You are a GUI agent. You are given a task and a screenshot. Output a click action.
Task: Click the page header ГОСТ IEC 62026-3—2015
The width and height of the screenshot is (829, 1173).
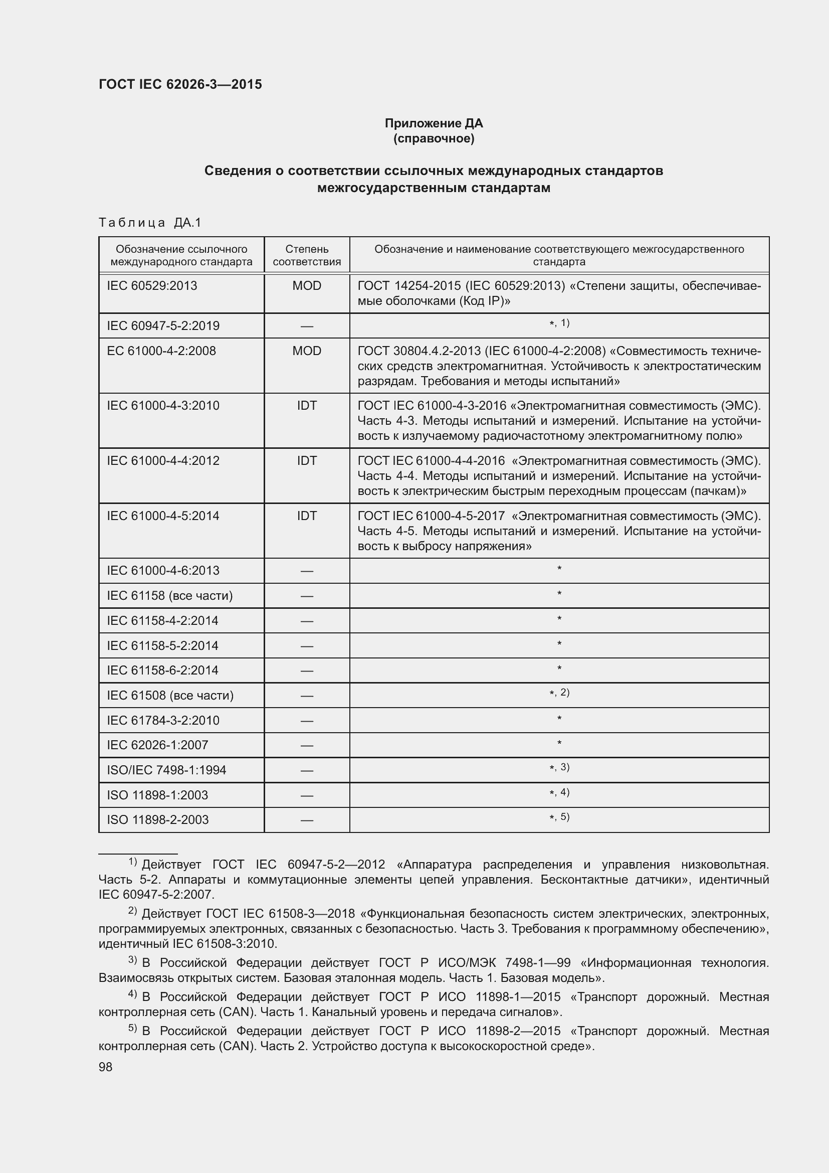(x=180, y=84)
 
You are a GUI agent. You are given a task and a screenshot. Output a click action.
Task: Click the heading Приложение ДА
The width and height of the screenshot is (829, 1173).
(x=434, y=123)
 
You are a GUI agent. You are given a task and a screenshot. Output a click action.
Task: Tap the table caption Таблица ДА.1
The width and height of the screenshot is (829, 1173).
(x=150, y=222)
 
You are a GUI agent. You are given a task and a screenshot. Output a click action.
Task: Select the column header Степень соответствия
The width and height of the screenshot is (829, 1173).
(x=306, y=255)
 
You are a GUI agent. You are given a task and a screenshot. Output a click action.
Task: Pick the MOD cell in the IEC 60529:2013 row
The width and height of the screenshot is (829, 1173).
(x=306, y=285)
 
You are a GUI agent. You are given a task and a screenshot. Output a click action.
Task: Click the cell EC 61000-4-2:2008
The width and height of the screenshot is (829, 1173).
(x=161, y=351)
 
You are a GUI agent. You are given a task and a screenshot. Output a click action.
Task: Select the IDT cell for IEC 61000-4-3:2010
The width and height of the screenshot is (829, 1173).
(x=306, y=406)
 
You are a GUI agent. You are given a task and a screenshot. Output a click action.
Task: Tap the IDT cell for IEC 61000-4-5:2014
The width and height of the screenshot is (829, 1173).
(x=306, y=516)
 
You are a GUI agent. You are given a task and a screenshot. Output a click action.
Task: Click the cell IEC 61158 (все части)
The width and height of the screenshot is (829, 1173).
(x=169, y=596)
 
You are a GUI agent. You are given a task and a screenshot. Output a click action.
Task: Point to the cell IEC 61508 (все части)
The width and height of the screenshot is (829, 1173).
(x=170, y=695)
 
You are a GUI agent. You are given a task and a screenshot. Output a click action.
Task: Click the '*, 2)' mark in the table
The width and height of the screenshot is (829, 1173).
(x=559, y=693)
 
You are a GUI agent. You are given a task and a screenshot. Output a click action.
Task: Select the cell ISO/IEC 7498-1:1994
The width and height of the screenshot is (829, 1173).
(x=166, y=770)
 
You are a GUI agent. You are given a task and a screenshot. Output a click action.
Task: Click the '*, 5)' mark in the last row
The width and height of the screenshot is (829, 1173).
(x=559, y=817)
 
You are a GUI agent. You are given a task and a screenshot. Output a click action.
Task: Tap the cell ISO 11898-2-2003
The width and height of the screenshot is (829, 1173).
(x=158, y=819)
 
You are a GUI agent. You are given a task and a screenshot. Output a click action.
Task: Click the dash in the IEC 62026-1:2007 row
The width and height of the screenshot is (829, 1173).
(x=306, y=745)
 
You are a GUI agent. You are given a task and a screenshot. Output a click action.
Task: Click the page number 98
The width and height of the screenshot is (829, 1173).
(x=106, y=1067)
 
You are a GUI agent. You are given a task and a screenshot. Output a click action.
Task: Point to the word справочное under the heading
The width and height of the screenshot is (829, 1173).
(x=434, y=139)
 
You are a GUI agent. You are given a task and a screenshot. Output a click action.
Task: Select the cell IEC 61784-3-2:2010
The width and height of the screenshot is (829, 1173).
(x=163, y=720)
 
